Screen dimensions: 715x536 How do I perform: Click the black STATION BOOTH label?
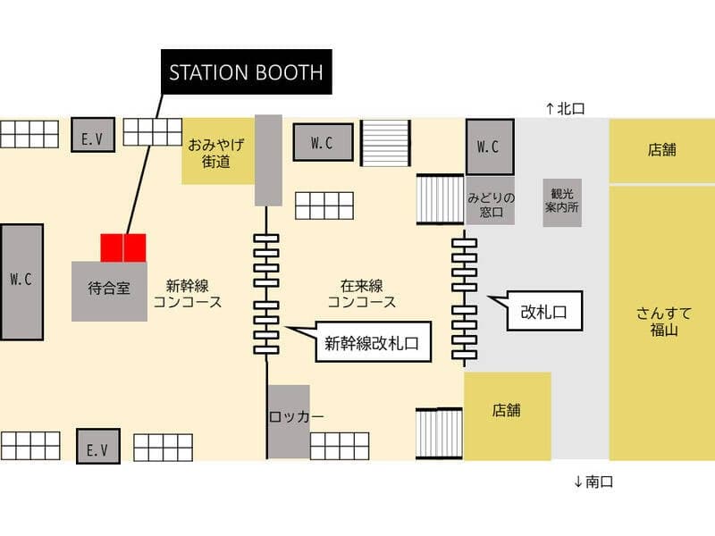(247, 72)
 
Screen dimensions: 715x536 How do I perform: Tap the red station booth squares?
(123, 248)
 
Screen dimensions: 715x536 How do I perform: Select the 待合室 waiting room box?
(109, 291)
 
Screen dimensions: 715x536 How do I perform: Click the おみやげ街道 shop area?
(218, 151)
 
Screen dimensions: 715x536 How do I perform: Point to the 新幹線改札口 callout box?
(373, 342)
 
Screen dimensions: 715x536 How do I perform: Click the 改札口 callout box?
(544, 311)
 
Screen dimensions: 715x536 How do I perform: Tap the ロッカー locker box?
(289, 422)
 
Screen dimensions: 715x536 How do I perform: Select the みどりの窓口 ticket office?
(491, 201)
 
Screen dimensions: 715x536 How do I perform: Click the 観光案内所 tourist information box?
(562, 203)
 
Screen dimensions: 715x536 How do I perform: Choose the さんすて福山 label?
(664, 322)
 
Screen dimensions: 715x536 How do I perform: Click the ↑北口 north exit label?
(566, 108)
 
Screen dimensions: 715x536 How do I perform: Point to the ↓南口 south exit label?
(593, 482)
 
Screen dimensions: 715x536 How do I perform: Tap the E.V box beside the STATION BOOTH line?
(93, 135)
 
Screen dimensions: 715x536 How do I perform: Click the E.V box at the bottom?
(98, 446)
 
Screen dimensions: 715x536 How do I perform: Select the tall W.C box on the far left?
(21, 282)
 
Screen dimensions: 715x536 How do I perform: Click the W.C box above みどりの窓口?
(490, 147)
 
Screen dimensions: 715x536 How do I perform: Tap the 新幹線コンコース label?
(188, 294)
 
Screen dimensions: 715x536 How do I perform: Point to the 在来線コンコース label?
(362, 294)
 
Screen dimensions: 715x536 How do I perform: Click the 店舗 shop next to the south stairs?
(508, 415)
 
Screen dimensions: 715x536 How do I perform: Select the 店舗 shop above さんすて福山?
(662, 150)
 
